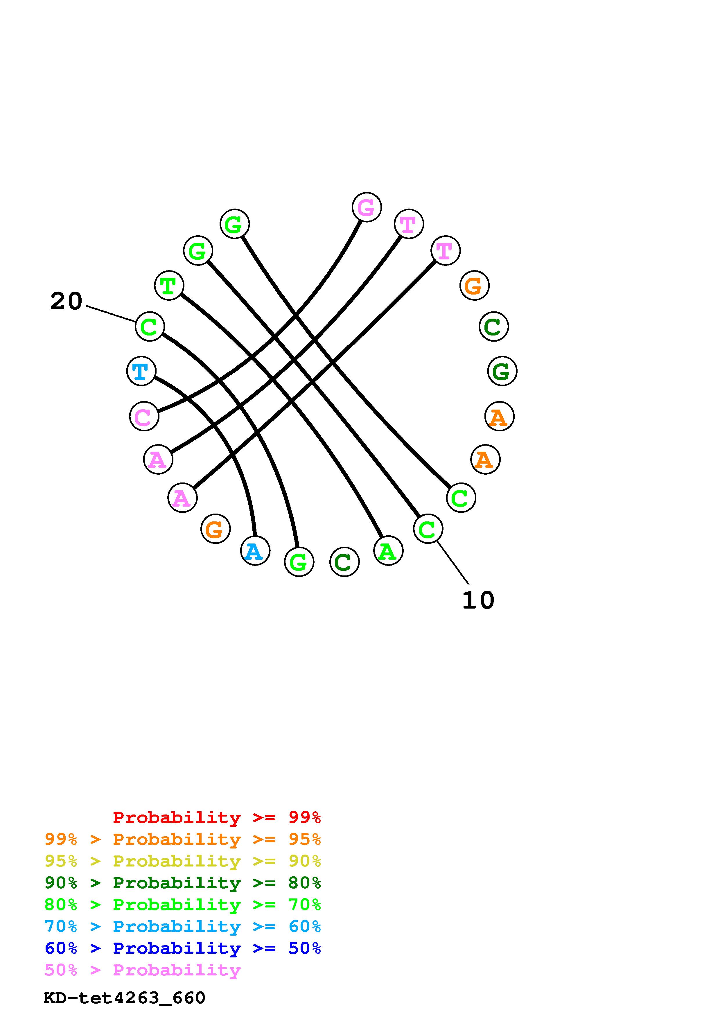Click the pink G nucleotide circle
[367, 207]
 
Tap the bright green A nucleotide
[388, 551]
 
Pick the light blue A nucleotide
[255, 551]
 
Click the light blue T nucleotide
[141, 371]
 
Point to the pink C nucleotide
[144, 416]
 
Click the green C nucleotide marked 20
[150, 327]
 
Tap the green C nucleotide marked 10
[428, 529]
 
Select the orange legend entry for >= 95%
[183, 839]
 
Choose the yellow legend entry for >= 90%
[183, 861]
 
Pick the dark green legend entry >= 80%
[183, 883]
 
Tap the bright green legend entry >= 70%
[183, 905]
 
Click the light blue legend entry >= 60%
[183, 926]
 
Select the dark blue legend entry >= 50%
[183, 948]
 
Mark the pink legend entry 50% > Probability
[142, 970]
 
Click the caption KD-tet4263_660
[124, 998]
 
